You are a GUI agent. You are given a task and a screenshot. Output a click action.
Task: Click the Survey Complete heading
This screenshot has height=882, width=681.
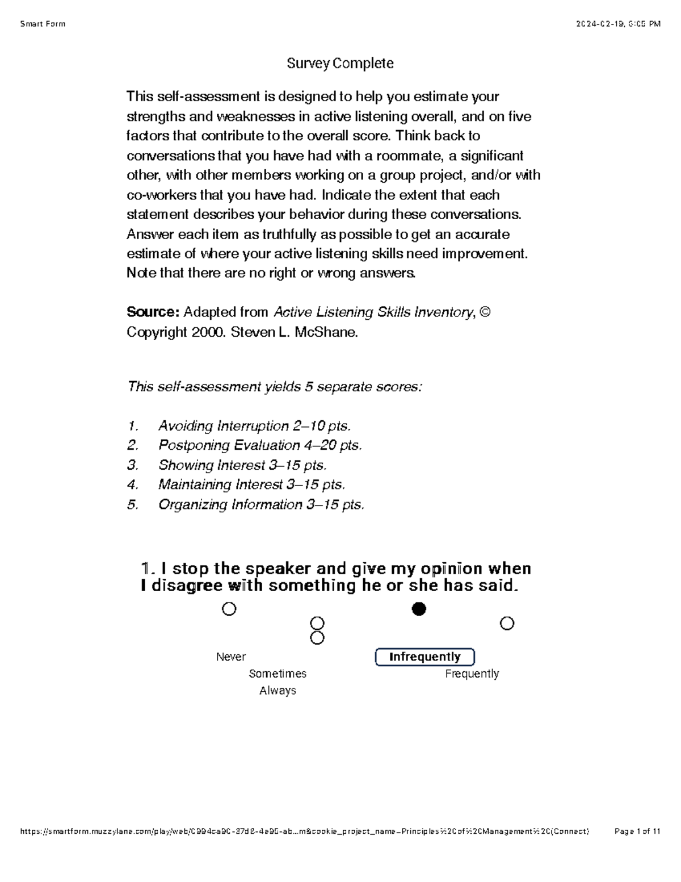point(340,63)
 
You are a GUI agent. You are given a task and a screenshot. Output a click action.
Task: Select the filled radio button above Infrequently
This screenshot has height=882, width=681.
point(419,609)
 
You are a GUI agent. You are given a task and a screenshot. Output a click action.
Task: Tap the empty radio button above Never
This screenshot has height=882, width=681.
point(229,609)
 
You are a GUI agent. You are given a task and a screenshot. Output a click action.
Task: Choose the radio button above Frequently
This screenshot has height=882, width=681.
point(507,624)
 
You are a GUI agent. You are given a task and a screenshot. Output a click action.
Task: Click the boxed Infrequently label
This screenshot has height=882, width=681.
point(424,657)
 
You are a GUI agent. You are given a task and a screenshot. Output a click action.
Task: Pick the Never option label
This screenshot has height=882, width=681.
point(231,657)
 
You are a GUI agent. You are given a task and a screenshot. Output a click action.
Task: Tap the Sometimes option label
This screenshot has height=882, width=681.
point(278,674)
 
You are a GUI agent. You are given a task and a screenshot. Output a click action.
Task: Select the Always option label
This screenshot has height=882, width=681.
point(278,691)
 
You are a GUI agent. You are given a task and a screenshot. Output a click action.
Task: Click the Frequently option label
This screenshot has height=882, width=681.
point(472,674)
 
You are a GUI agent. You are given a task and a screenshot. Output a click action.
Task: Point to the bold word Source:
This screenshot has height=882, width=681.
point(153,312)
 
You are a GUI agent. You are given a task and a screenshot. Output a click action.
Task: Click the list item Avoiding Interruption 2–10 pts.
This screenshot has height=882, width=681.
point(254,426)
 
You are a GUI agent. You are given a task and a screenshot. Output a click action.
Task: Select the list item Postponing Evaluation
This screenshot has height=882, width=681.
point(259,445)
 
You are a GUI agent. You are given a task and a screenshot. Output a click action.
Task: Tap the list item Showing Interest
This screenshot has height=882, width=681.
point(242,465)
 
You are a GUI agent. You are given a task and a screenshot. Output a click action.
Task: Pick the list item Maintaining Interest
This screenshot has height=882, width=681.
point(251,485)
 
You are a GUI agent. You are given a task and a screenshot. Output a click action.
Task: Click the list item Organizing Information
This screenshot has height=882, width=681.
point(261,505)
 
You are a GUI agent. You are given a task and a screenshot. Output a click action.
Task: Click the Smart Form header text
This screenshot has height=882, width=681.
point(43,24)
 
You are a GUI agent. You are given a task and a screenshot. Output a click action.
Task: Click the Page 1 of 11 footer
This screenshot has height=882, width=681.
point(637,831)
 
